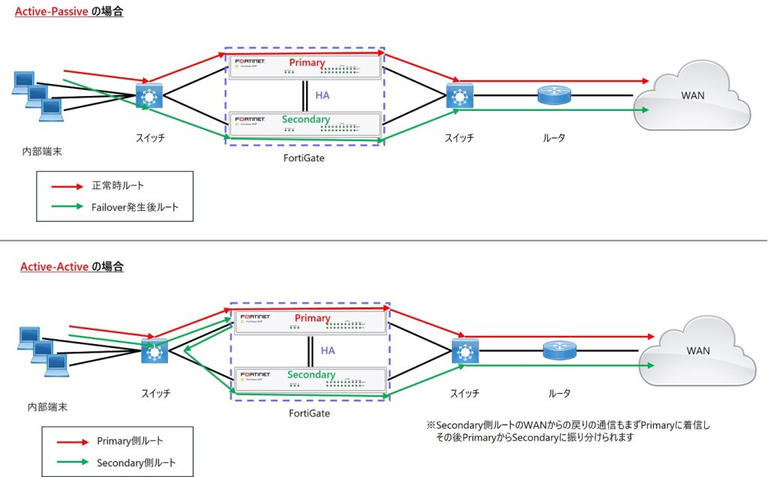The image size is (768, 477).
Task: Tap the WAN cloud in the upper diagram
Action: point(691,95)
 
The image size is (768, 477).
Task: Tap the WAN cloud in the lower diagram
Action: point(697,351)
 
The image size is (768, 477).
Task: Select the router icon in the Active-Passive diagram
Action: point(554,94)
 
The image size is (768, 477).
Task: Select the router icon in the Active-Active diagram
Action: point(559,351)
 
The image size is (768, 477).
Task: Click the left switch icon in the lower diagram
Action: point(155,351)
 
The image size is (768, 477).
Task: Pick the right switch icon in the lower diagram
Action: point(464,351)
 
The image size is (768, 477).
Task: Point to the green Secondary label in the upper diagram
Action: point(305,119)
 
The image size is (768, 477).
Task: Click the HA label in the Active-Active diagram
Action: point(328,350)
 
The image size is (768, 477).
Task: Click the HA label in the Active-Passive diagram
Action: point(322,95)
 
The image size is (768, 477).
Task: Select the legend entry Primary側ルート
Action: point(128,441)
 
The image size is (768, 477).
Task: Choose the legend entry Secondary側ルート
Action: point(136,463)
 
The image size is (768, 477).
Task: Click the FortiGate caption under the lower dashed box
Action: point(309,413)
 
